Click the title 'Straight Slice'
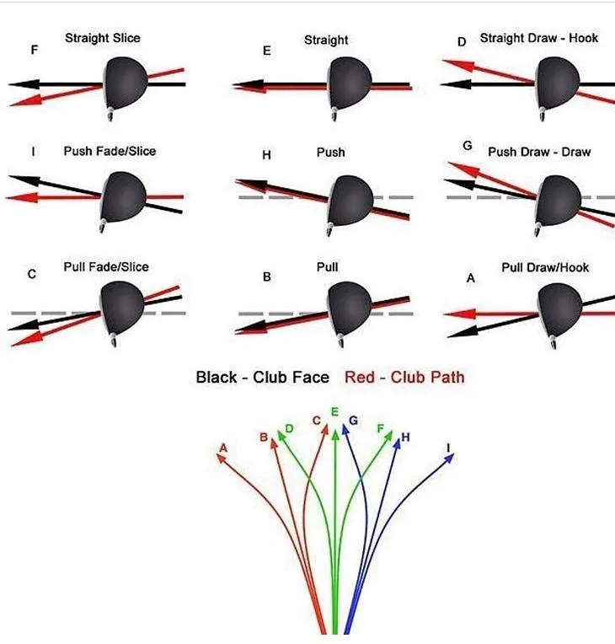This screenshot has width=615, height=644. click(103, 38)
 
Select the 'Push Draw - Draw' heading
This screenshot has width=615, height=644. click(539, 152)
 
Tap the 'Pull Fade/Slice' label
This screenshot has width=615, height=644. click(106, 267)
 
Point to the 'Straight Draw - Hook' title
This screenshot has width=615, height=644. click(539, 38)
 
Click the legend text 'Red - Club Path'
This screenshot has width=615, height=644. click(404, 377)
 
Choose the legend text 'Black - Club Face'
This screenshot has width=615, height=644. click(262, 377)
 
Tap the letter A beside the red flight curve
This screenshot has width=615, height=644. click(223, 447)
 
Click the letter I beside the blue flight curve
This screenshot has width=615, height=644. click(448, 447)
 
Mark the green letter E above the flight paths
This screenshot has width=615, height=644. click(335, 412)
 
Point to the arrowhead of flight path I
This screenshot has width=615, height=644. click(450, 459)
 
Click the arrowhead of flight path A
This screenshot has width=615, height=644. click(222, 459)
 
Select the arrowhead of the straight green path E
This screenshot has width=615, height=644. click(335, 432)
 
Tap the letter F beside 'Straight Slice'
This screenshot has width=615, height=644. click(34, 51)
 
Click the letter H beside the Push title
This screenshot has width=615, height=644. click(266, 155)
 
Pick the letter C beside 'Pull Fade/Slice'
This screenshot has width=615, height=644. click(32, 274)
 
